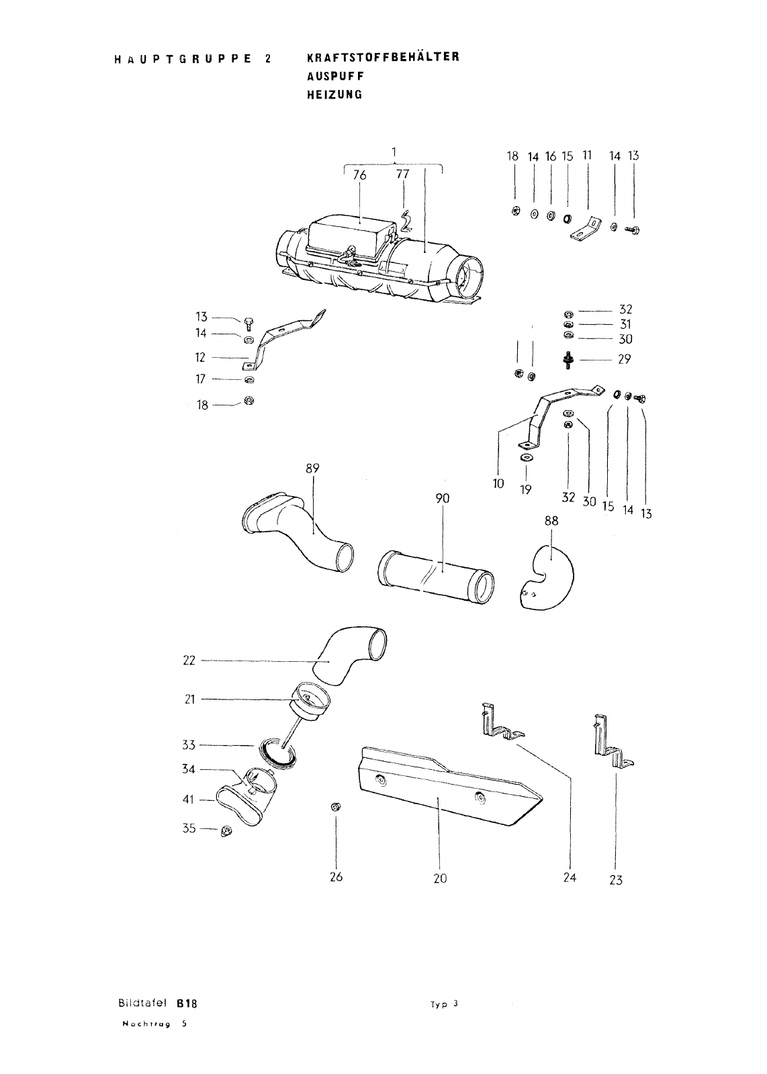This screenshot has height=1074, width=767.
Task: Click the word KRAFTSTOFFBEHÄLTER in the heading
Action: coord(383,57)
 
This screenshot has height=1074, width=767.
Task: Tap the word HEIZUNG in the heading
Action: coord(334,95)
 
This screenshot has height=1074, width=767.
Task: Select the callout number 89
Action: coord(312,469)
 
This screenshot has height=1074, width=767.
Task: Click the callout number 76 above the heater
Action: coord(360,175)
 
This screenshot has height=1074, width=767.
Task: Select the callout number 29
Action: coord(625,359)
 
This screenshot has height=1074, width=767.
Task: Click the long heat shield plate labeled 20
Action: coord(443,785)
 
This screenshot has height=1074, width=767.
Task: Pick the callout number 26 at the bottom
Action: coord(336,877)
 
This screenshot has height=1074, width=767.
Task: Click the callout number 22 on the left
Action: coord(189,661)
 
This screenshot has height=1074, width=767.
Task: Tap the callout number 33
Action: coord(189,744)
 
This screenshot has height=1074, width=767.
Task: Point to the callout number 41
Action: coord(189,799)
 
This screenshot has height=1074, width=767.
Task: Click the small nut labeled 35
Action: coord(226,832)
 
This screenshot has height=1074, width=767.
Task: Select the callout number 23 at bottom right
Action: coord(616,880)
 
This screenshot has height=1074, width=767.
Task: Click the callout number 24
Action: coord(570,877)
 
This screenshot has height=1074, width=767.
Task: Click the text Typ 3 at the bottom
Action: coord(444,1005)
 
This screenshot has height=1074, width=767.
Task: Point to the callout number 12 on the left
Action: coord(200,358)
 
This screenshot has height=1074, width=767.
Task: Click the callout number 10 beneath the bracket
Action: coord(498,483)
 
